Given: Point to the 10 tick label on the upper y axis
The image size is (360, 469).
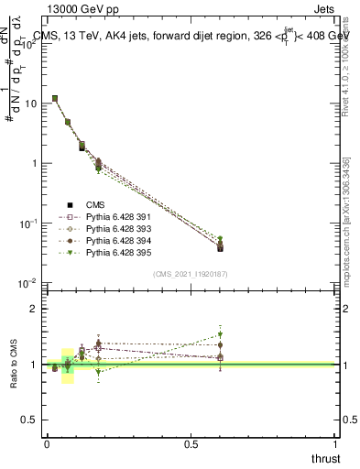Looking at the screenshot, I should [31, 104].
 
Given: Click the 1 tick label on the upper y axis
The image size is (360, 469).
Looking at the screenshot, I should [34, 163].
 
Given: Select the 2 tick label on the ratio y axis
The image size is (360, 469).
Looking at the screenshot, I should [34, 309].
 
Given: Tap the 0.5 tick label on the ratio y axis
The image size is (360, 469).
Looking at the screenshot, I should [30, 420].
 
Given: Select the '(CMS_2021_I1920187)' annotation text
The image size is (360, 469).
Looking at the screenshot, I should [191, 274].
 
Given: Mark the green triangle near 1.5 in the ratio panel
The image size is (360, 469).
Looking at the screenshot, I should [220, 334].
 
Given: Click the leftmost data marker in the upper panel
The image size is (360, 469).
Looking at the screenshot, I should [55, 98].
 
